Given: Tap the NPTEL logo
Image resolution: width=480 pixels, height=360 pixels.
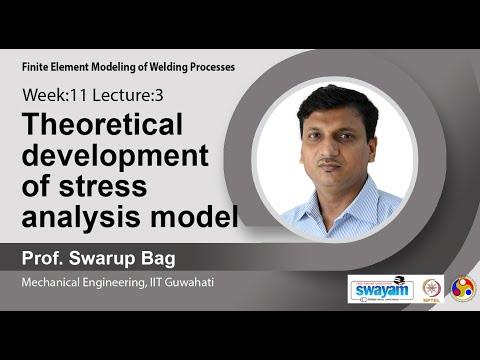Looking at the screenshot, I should pos(432,289).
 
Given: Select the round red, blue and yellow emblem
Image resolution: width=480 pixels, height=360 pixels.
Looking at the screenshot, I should pos(463,289).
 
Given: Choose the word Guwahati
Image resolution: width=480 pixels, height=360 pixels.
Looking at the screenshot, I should pos(189,283).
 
